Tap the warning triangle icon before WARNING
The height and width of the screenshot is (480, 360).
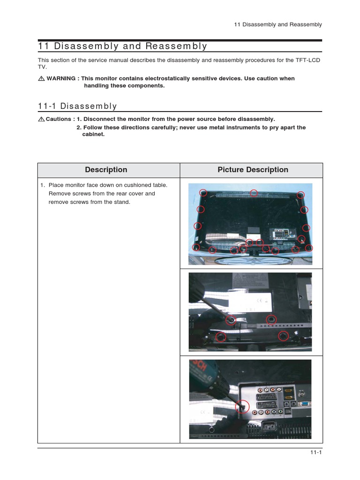[x=41, y=79]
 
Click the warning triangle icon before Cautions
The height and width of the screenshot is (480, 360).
[x=41, y=119]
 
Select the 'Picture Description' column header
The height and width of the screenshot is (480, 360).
[x=253, y=170]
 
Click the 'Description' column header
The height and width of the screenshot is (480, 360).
[x=106, y=170]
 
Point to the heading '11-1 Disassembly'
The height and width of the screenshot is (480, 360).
[x=77, y=106]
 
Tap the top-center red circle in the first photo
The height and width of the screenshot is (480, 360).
[x=254, y=193]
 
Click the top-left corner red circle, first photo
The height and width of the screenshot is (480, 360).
[x=203, y=193]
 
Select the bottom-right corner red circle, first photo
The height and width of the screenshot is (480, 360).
[x=308, y=247]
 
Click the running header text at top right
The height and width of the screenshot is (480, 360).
[x=278, y=24]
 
